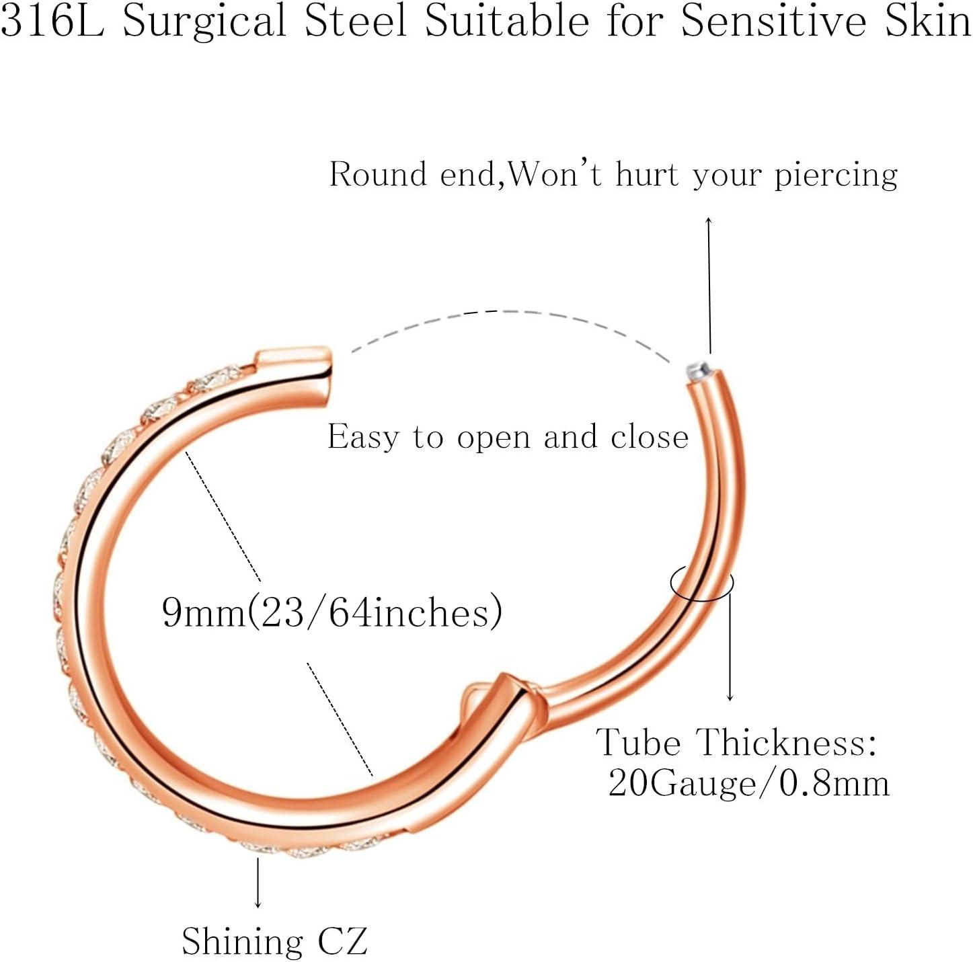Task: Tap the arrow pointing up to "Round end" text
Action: coord(709,285)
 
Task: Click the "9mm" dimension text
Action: coord(204,612)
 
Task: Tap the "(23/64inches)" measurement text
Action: coord(374,612)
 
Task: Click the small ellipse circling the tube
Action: coord(702,584)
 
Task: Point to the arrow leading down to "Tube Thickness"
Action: coord(730,647)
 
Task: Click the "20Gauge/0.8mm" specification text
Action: coord(749,784)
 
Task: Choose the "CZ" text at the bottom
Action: coord(342,941)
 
